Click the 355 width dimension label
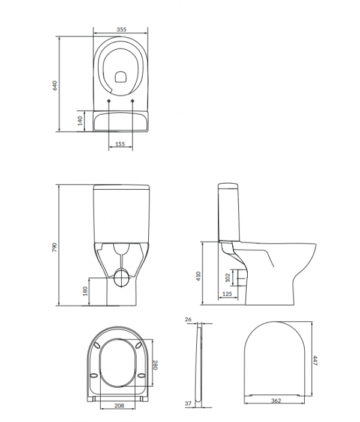pos(121,29)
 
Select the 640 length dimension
pos(55,85)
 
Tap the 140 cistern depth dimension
pos(80,121)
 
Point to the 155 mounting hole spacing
pos(120,144)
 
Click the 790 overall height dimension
pos(55,247)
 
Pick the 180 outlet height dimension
pos(86,291)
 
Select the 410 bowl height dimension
pos(199,276)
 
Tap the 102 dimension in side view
pos(228,278)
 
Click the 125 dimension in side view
pos(227,294)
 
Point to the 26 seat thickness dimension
pos(188,319)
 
